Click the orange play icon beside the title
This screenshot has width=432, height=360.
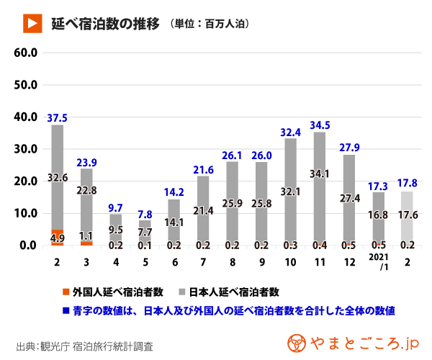(31, 24)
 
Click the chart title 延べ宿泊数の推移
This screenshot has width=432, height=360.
(104, 24)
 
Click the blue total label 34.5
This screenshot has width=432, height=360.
(319, 125)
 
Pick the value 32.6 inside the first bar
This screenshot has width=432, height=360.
(58, 176)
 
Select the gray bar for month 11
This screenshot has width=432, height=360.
(319, 187)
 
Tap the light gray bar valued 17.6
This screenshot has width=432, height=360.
(407, 216)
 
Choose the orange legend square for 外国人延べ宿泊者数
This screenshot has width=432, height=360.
(66, 292)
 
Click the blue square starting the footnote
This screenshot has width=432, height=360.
(66, 311)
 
